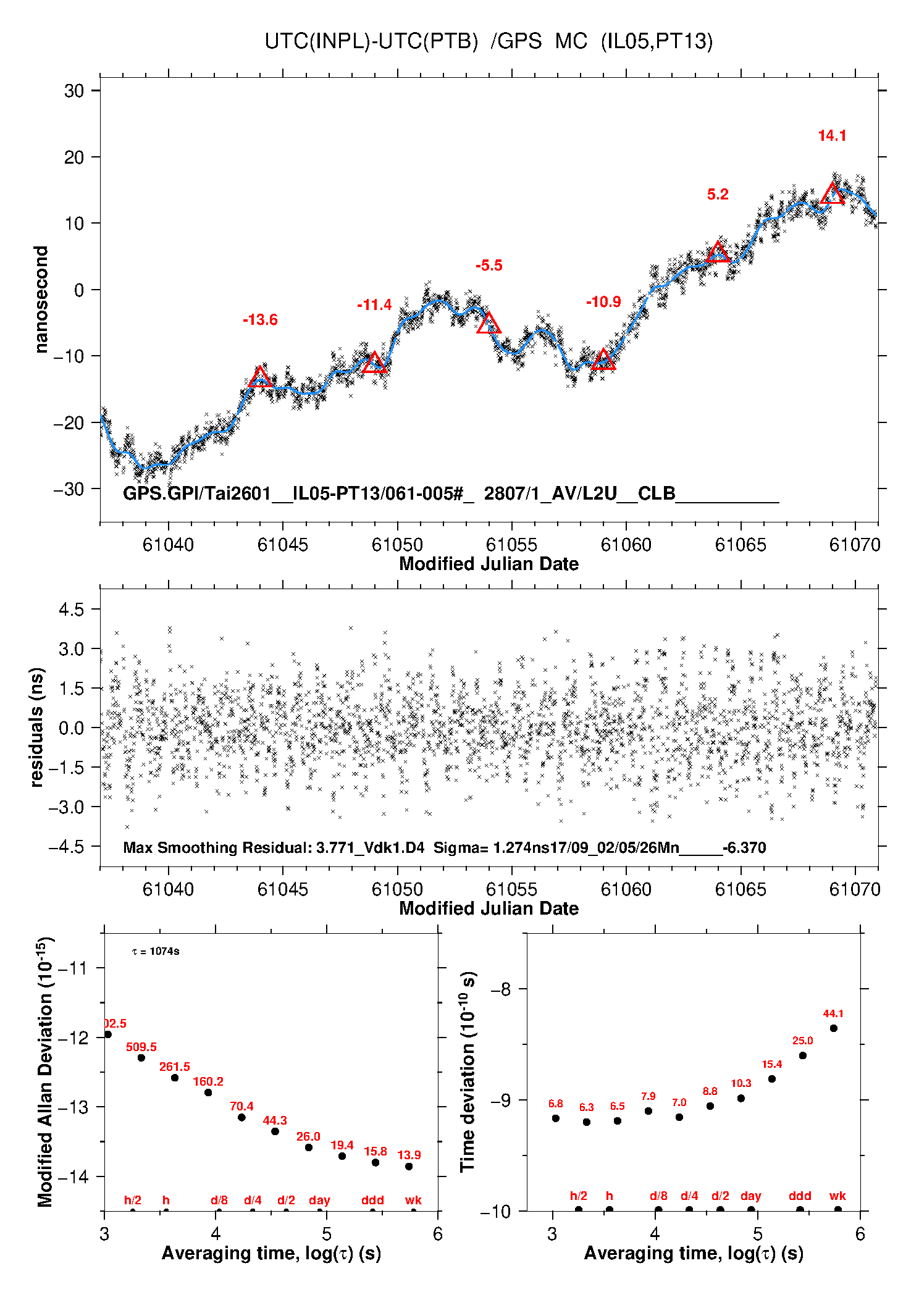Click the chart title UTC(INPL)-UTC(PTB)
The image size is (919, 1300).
click(x=371, y=41)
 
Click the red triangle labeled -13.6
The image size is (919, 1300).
click(x=260, y=377)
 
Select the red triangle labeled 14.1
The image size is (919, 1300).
click(x=833, y=194)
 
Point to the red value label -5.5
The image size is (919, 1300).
click(x=489, y=266)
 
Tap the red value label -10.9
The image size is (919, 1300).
click(x=603, y=302)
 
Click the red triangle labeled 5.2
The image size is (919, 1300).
click(x=718, y=252)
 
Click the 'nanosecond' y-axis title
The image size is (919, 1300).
click(x=41, y=300)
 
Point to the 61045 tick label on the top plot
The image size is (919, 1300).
click(x=282, y=545)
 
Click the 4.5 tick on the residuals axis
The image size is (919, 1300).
click(x=71, y=610)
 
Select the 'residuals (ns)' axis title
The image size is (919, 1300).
click(x=37, y=727)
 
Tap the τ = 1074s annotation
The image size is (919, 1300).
click(x=156, y=952)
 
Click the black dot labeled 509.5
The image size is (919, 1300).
click(x=141, y=1058)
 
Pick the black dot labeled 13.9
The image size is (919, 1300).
click(x=409, y=1167)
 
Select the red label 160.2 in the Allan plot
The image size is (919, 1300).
click(x=208, y=1081)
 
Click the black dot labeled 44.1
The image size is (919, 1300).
click(x=834, y=1028)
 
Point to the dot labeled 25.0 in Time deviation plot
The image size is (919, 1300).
click(x=803, y=1055)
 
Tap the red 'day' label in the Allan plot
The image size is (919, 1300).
click(x=319, y=1201)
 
